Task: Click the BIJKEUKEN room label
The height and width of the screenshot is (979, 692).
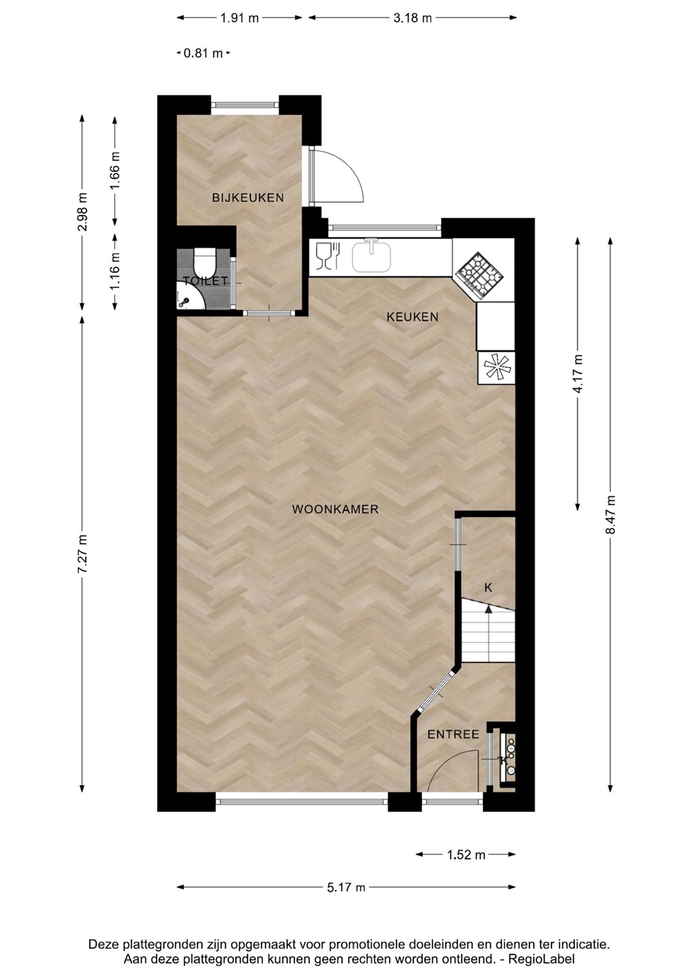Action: pos(247,198)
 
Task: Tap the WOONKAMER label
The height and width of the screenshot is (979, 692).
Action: pos(335,509)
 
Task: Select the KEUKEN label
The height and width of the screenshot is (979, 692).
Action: pos(413,317)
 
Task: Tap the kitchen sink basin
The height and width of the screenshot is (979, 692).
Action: pos(371,256)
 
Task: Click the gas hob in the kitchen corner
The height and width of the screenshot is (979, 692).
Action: pos(479,276)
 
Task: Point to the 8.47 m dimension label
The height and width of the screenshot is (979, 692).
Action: pos(610,515)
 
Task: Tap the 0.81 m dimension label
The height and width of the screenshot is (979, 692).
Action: pos(203,54)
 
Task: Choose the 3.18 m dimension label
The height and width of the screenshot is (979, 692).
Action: pos(413,18)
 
